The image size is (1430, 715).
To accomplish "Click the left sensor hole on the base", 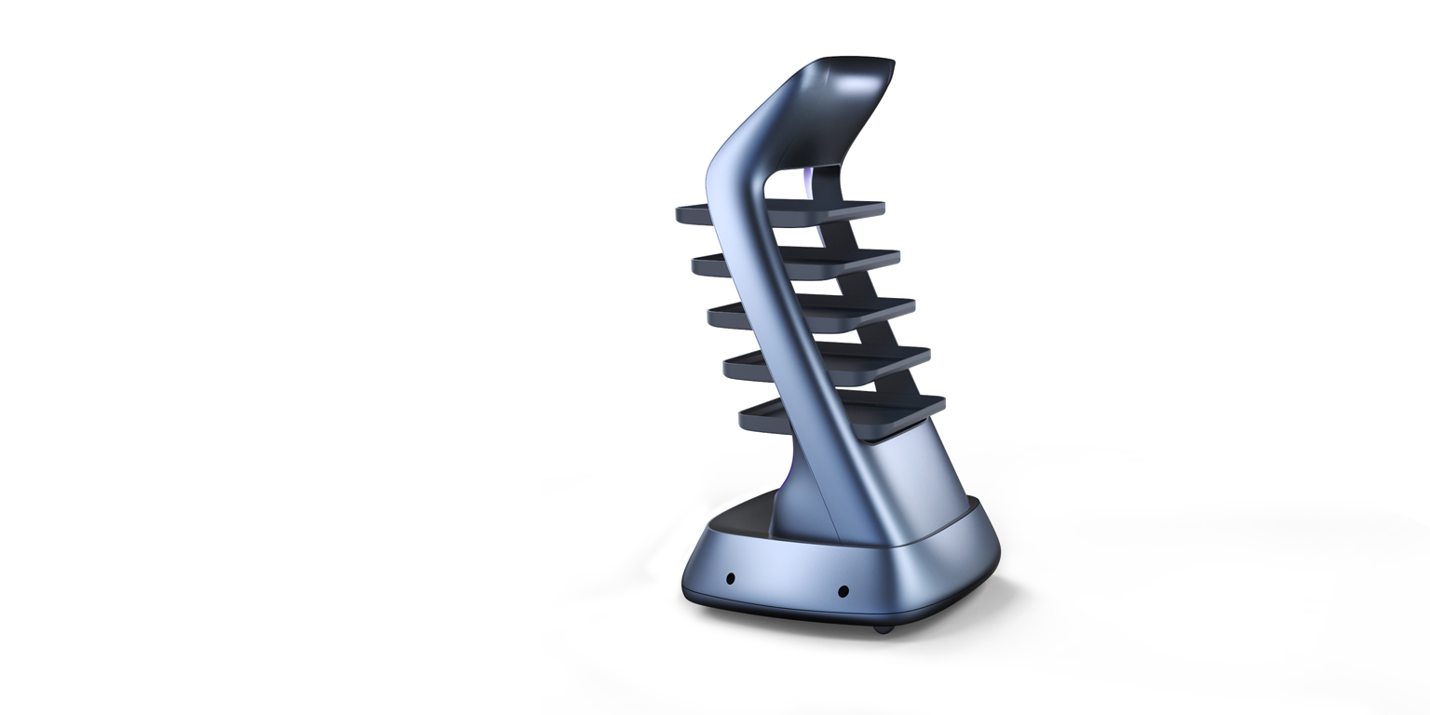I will (731, 578).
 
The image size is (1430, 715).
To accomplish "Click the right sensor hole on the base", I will (843, 591).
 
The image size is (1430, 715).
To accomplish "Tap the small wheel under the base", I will (883, 629).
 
